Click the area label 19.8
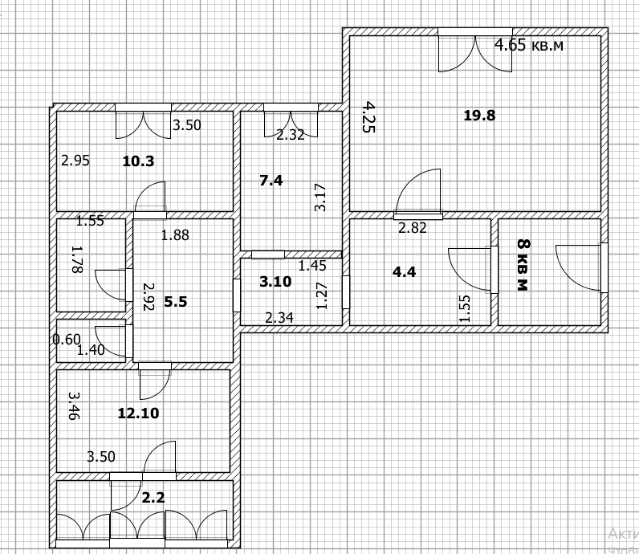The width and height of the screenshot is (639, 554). (480, 116)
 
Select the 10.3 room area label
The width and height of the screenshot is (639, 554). (139, 161)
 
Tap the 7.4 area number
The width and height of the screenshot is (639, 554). (271, 180)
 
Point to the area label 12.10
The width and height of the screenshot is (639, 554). (139, 413)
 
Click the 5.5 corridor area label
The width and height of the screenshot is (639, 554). (176, 302)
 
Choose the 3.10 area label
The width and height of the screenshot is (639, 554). (275, 282)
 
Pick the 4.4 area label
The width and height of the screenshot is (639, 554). (405, 271)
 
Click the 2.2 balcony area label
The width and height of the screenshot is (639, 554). (153, 497)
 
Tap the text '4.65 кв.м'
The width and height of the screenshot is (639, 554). (529, 45)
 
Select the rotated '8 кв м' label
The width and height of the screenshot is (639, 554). (523, 265)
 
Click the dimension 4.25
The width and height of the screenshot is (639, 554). (369, 117)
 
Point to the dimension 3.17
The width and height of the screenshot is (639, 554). (321, 198)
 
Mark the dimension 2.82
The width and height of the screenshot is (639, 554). (413, 228)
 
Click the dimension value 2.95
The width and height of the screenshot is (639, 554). (75, 161)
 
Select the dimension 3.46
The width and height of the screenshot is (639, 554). (74, 406)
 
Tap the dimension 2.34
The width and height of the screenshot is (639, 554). (279, 318)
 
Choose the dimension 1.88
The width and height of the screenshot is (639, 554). (175, 235)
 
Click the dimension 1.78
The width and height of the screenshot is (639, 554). (77, 259)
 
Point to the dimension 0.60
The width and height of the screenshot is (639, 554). (67, 339)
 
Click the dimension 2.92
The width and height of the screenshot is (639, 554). (149, 297)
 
